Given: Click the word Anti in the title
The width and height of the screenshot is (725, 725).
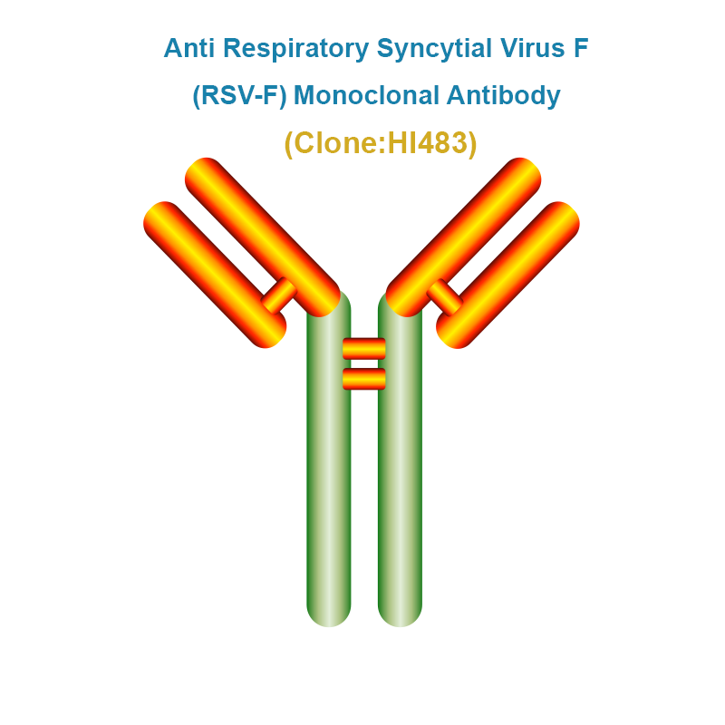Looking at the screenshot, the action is [x=189, y=48].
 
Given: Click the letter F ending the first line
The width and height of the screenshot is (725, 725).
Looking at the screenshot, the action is [x=581, y=48].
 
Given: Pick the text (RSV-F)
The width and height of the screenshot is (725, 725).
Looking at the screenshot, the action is [x=239, y=96].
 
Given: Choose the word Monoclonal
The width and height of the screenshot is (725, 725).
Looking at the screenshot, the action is [x=366, y=95].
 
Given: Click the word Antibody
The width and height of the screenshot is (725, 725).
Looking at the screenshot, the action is [x=504, y=96].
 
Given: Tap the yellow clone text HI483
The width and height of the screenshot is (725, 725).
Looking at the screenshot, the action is [x=427, y=142].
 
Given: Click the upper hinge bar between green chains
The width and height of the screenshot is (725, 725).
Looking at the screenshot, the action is [x=364, y=349].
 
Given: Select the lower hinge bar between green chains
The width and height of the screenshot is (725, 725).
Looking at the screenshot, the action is [x=364, y=379].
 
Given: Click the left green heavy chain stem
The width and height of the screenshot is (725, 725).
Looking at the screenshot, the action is [x=329, y=462].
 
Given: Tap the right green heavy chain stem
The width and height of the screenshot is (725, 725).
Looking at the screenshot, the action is [x=400, y=462].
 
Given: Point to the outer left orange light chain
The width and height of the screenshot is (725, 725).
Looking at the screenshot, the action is [x=215, y=275].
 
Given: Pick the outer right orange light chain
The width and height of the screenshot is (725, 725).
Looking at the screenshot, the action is [x=507, y=275].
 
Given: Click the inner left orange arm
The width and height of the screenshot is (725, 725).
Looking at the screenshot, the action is [x=263, y=237].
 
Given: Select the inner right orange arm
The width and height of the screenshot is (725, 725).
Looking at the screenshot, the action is [x=463, y=237].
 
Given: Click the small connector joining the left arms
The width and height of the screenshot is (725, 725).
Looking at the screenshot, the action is [x=279, y=295].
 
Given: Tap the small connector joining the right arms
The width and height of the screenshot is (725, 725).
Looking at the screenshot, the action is [x=445, y=297].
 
